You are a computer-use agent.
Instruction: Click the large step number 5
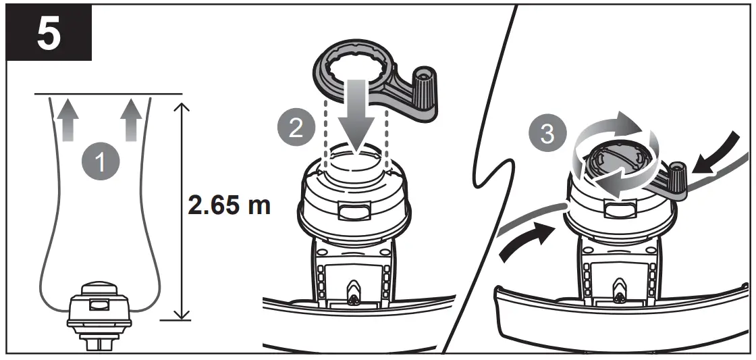click(46, 35)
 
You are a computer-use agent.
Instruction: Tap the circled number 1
click(100, 163)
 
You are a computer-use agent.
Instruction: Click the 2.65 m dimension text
click(229, 205)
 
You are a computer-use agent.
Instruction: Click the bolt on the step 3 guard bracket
click(617, 292)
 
